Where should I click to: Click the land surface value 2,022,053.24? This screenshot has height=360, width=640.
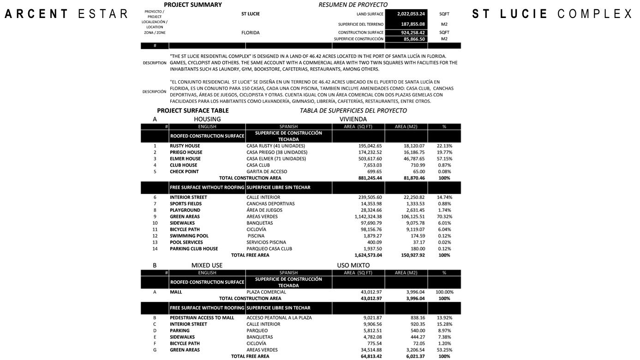406,14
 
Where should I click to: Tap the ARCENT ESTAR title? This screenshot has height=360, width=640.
66,14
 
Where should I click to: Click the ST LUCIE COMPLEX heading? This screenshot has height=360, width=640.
552,14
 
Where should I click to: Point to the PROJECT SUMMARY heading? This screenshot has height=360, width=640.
193,5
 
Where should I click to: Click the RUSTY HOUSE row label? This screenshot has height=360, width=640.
185,146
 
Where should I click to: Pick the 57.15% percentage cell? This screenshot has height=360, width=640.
444,159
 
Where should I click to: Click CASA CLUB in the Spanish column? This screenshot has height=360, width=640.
258,165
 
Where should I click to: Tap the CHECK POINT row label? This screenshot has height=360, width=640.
184,172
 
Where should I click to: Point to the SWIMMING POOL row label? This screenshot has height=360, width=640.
189,236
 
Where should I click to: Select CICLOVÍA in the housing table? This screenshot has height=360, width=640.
257,229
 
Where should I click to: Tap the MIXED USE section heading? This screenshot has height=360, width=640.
207,265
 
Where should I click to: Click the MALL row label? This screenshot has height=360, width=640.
176,292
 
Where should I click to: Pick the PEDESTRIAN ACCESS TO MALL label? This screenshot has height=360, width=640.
202,318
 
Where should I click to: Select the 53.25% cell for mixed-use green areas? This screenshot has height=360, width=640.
444,350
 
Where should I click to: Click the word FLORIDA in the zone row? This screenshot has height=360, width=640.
251,33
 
